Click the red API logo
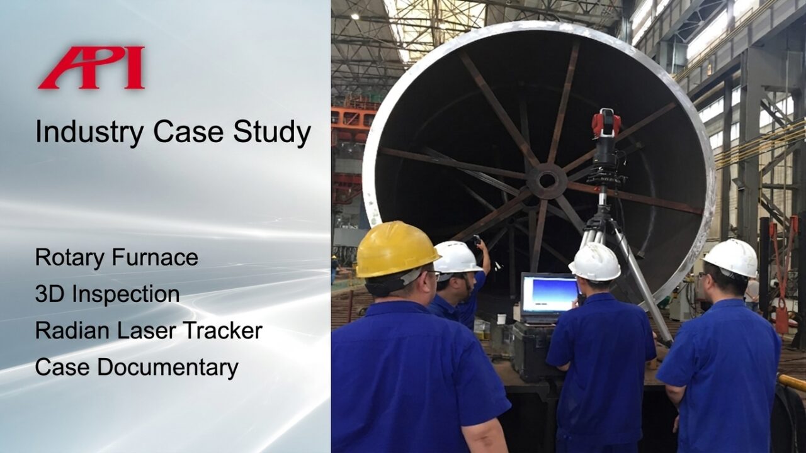point(92,67)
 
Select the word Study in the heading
point(272,133)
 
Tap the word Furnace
point(155,257)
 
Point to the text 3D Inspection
point(107,294)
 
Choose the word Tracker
point(223,331)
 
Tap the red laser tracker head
point(606,123)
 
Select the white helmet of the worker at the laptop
point(596,262)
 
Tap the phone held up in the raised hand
point(477,240)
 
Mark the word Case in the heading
point(188,133)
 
